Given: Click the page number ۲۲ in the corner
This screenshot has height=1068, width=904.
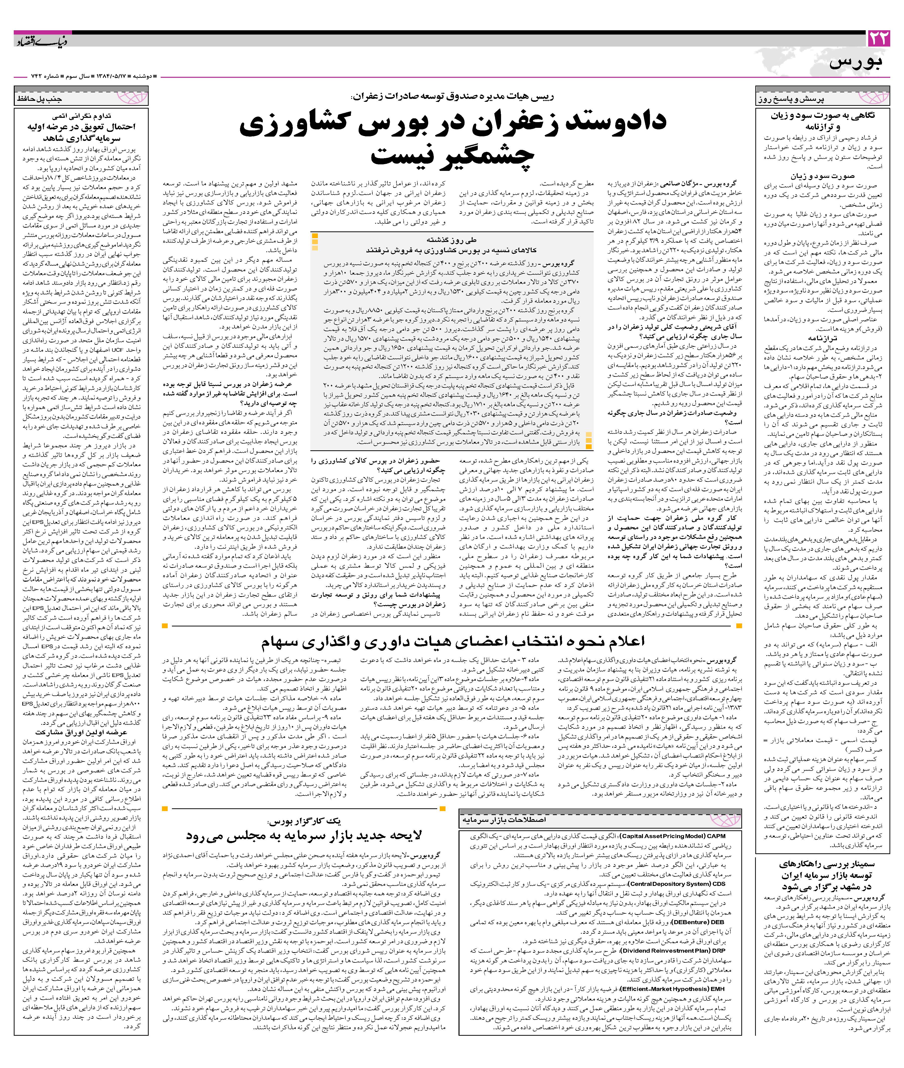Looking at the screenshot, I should [x=878, y=39].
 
